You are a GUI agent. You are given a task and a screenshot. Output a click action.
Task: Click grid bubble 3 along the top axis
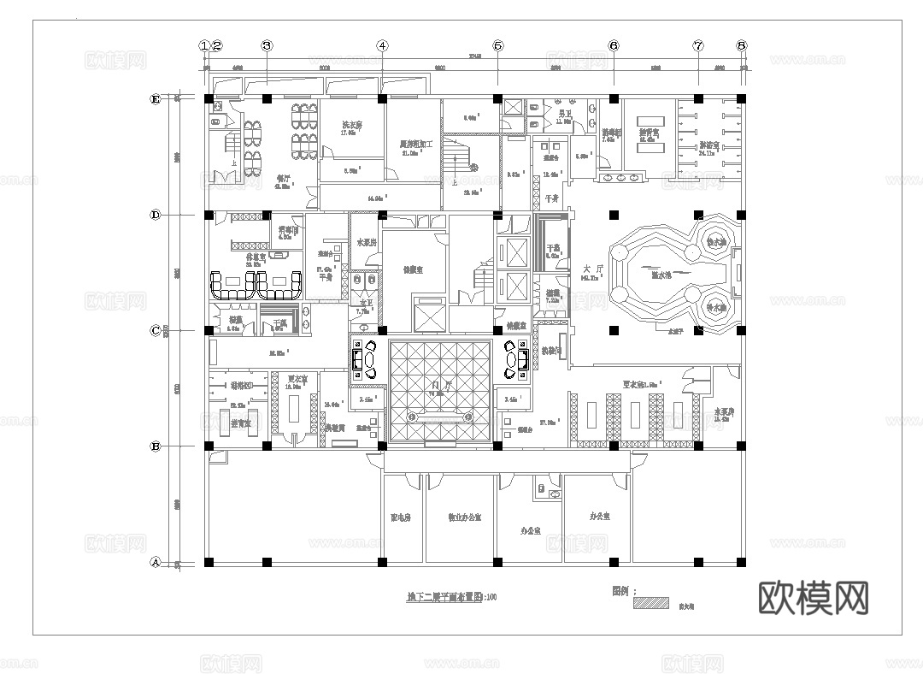[267, 45]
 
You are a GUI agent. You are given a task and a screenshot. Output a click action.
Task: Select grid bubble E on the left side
[156, 99]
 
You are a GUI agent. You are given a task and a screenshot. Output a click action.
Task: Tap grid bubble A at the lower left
[156, 562]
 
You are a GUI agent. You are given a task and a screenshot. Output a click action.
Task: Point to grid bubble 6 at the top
[614, 45]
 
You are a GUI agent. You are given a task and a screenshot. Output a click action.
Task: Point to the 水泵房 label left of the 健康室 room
[367, 243]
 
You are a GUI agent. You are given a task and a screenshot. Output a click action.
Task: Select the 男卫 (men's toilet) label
[564, 113]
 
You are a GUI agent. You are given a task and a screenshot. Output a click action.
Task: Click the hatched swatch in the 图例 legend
[650, 603]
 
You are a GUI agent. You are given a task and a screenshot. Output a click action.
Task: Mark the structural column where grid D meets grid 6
[614, 215]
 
